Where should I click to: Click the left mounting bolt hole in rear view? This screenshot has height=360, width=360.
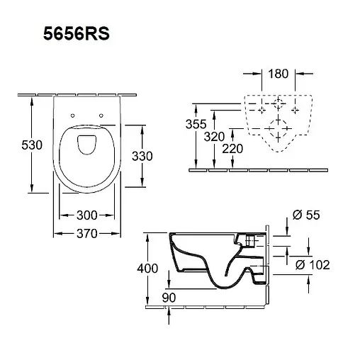pyautogui.click(x=261, y=111)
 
